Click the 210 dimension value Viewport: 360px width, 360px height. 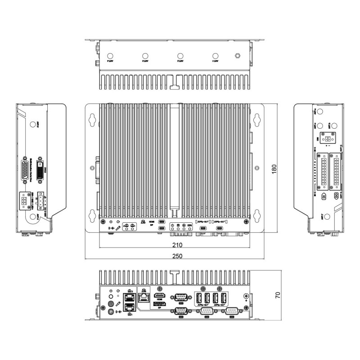177,245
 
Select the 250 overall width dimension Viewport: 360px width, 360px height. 177,256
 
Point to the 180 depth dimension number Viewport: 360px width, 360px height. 274,170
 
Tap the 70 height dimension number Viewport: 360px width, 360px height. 278,296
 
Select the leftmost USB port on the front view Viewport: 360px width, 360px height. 199,298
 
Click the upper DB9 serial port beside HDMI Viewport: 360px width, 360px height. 180,296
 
